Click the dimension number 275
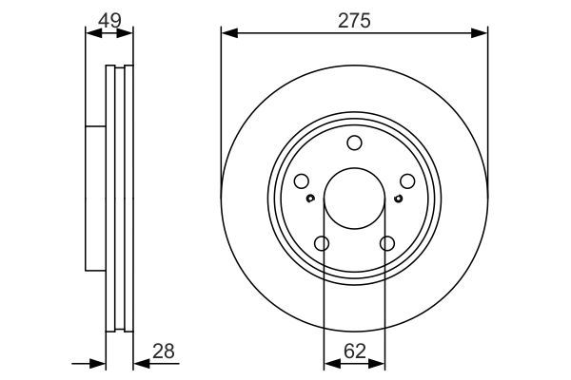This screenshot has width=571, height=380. point(354,18)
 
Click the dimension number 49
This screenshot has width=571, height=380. point(109,18)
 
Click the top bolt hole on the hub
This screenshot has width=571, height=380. point(354,143)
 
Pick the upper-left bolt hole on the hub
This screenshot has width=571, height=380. point(302,181)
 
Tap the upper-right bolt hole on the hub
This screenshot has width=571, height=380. point(406,181)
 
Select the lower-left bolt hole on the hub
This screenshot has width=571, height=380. point(322,244)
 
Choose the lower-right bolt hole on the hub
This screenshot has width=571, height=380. point(386,244)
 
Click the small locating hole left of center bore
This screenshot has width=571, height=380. point(311,198)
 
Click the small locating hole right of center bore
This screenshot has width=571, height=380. point(397,198)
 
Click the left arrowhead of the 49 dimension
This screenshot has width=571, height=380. point(91,33)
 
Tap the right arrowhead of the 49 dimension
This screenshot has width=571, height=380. point(128,33)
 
